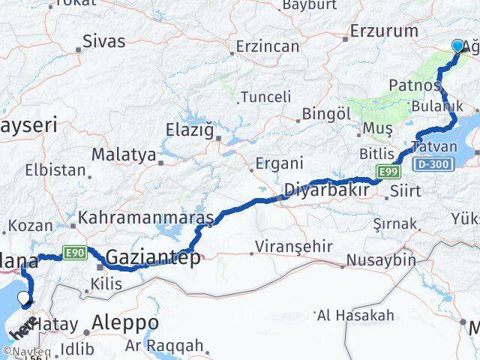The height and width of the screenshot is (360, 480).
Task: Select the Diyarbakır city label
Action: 327,190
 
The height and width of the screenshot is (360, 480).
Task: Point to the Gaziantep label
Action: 153,258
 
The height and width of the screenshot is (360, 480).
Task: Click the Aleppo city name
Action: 124,322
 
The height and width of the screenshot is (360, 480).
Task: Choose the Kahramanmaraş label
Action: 146,217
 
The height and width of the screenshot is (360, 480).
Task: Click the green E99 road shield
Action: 388,172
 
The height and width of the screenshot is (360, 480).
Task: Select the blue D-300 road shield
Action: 431,163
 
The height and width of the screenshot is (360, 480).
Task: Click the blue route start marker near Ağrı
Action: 459,46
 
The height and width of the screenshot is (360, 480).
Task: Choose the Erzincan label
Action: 267,46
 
